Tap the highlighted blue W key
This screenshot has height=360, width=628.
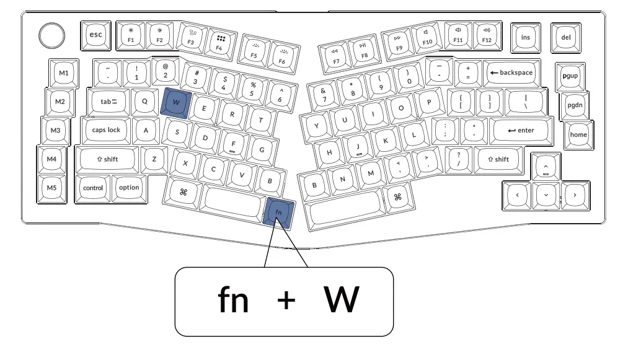click(176, 102)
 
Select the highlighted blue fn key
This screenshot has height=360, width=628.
click(279, 212)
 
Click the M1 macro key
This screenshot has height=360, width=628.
click(64, 73)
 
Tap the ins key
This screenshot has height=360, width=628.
click(525, 37)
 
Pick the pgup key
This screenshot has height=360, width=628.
click(569, 75)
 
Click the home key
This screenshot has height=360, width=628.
click(578, 134)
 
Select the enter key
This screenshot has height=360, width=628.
click(521, 130)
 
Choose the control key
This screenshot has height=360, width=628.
click(93, 188)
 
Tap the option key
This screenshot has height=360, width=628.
click(129, 187)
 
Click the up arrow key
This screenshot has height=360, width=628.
click(545, 167)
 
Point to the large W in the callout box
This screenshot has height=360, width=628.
click(341, 301)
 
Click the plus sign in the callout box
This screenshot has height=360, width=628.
click(286, 301)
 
